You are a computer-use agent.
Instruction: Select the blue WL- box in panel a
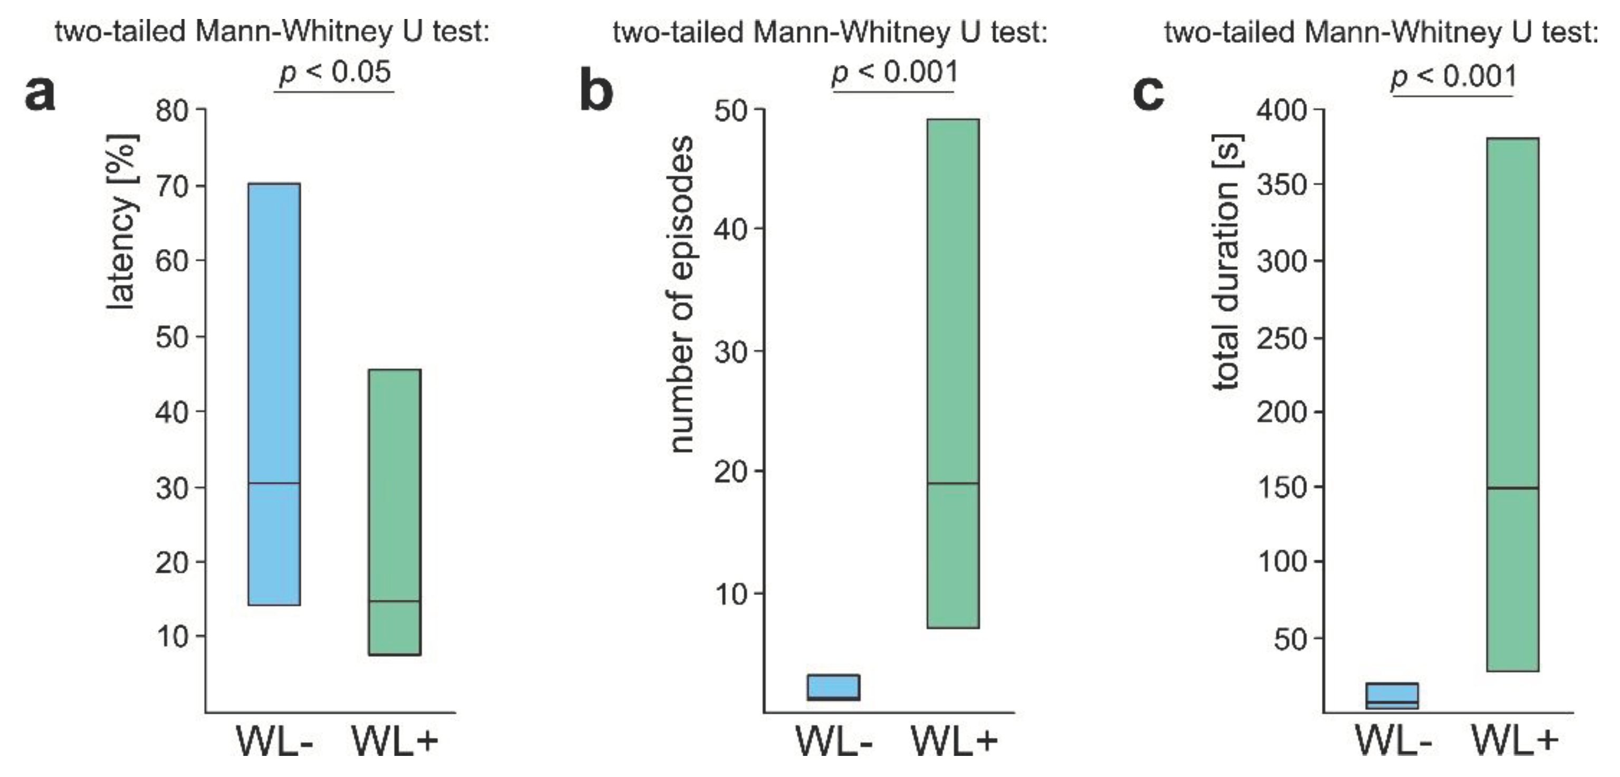(x=274, y=394)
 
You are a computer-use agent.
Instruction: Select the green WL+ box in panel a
(x=394, y=512)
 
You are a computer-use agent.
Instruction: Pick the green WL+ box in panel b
(x=953, y=373)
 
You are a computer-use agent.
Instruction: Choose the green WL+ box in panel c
(x=1512, y=405)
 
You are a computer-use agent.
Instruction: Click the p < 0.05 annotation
(x=335, y=72)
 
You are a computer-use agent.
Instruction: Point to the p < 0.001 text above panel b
(x=894, y=72)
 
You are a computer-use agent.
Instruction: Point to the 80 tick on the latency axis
(x=171, y=111)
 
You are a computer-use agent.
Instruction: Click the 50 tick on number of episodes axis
(x=730, y=111)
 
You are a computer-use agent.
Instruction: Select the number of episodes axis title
(x=682, y=294)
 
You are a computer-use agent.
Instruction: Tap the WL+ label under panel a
(x=394, y=742)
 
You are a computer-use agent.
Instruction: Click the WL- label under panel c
(x=1393, y=742)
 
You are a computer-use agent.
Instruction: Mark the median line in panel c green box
(x=1512, y=488)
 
